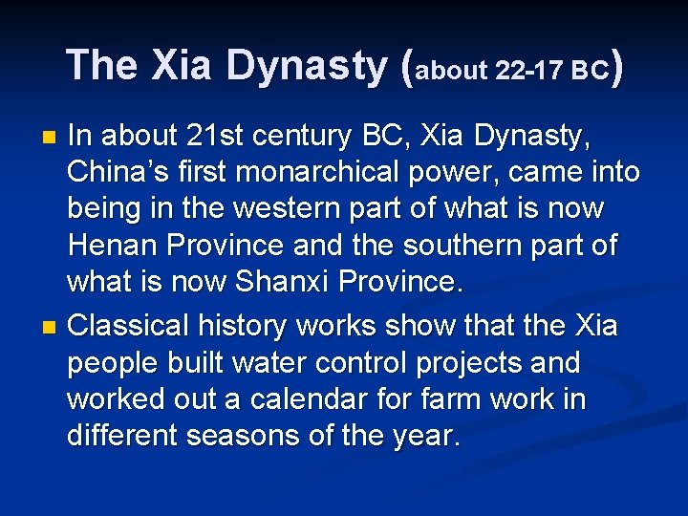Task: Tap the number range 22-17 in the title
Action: tap(529, 71)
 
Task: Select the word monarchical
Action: tap(353, 173)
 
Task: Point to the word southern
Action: tap(462, 246)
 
